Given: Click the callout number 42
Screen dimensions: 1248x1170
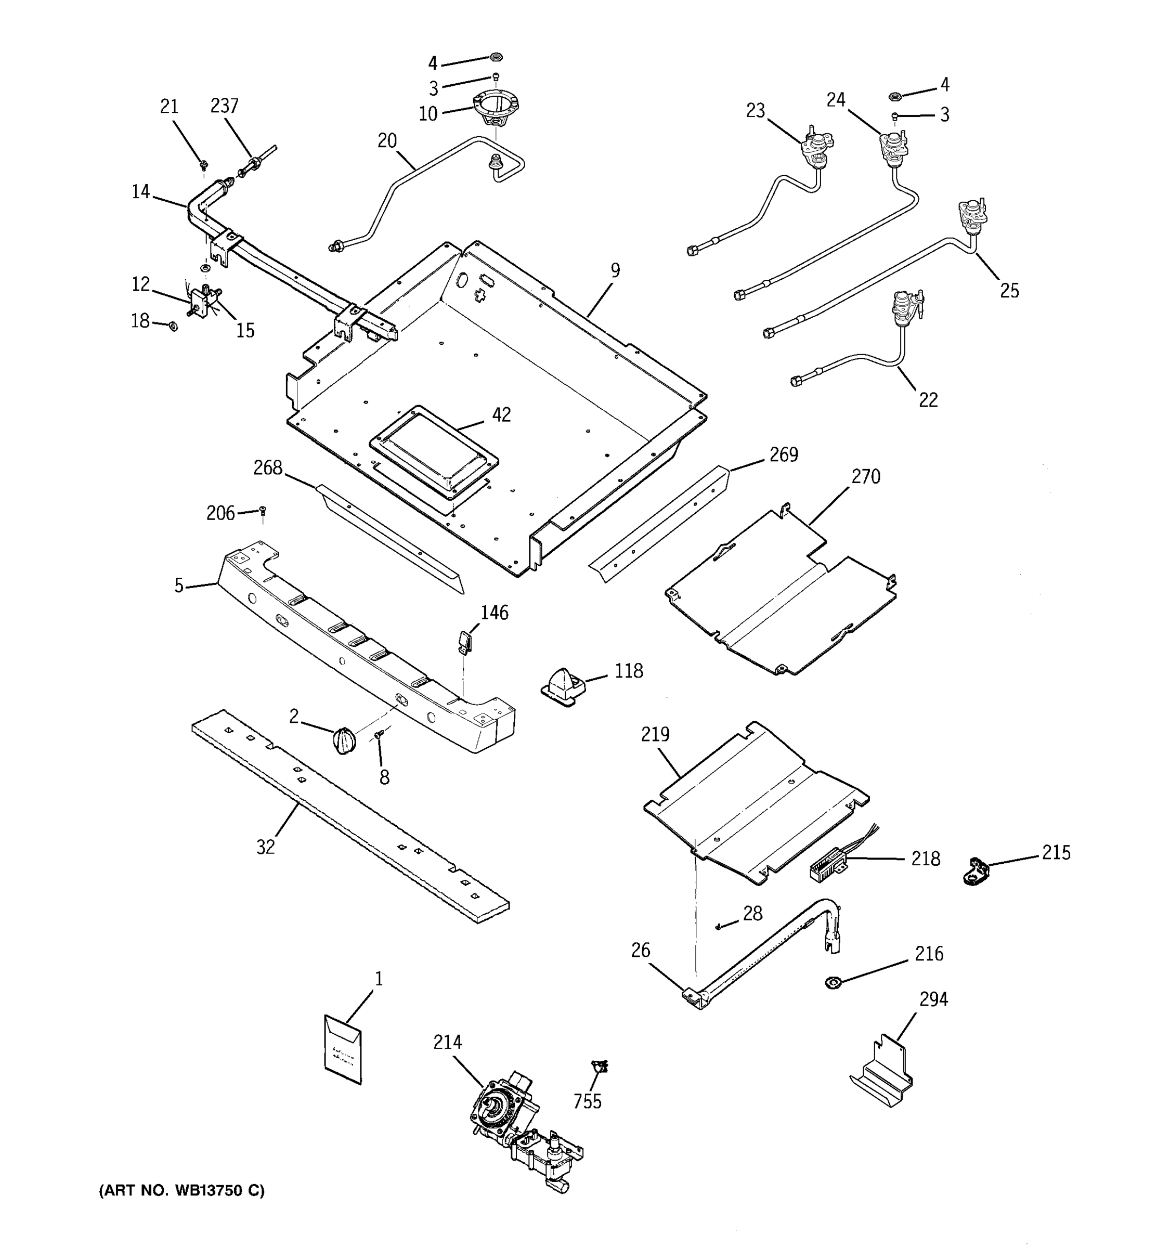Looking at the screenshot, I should click(x=501, y=415).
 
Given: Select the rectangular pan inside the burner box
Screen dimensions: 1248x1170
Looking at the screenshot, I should click(x=434, y=452).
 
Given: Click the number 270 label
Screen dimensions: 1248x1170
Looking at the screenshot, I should click(x=866, y=477).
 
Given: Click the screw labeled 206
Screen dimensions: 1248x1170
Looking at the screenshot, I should click(x=263, y=512).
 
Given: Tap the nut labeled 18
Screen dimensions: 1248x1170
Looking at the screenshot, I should click(x=173, y=326).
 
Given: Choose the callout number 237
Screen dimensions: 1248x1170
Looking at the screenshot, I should click(x=224, y=106).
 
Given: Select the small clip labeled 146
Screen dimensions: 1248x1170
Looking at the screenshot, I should click(x=464, y=643).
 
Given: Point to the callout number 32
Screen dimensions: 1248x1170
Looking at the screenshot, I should click(x=266, y=848).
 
